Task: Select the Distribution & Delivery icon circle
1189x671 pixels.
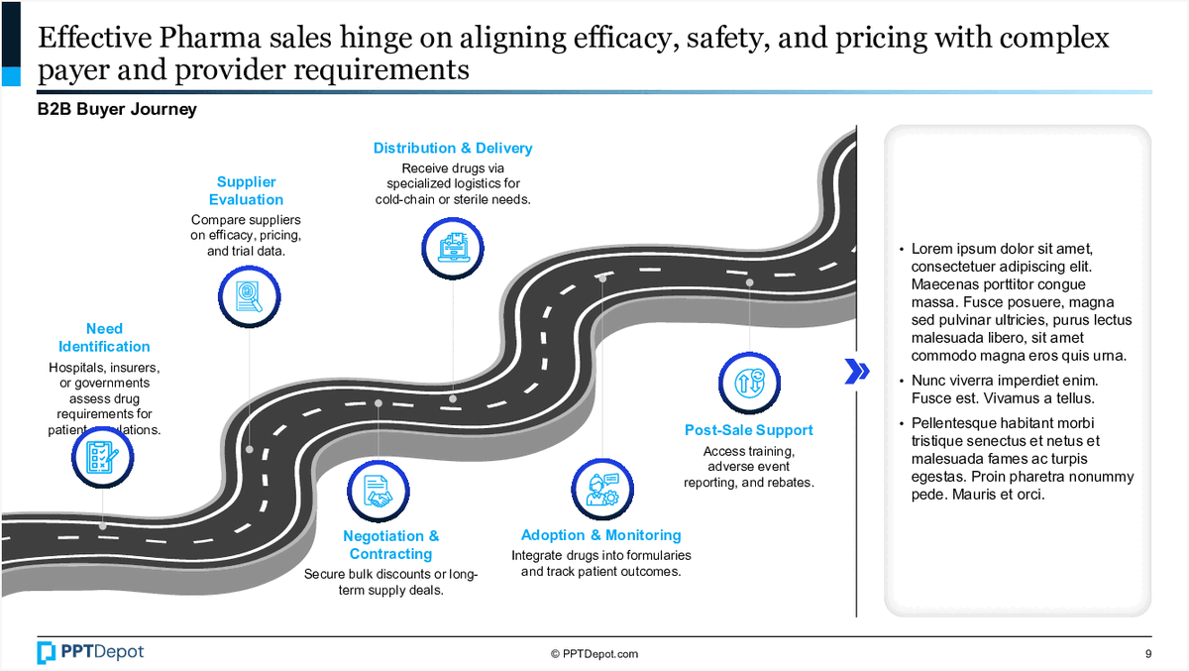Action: click(452, 245)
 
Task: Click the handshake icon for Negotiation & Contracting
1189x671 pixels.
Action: click(378, 490)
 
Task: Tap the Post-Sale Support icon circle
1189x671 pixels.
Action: click(749, 383)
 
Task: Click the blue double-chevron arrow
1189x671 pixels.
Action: click(857, 371)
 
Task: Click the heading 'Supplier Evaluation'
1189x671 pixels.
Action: click(247, 190)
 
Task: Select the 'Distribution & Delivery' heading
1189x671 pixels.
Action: click(453, 149)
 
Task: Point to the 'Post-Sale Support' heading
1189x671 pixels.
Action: click(749, 430)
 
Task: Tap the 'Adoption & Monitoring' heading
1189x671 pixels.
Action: click(601, 535)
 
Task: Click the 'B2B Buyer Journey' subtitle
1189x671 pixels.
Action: click(117, 110)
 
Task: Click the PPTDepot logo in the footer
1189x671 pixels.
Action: click(90, 652)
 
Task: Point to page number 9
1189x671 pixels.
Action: click(1147, 654)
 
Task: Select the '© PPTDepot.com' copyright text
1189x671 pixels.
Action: click(594, 654)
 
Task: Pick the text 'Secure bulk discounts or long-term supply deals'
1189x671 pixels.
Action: click(390, 582)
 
